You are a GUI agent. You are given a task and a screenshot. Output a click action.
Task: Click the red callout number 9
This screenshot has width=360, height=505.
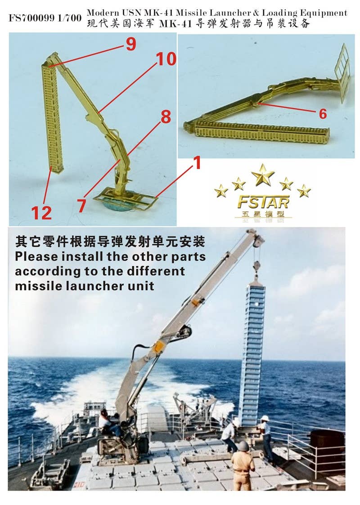[x=130, y=44]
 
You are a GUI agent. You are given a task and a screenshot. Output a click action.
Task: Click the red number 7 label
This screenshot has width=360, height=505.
[x=81, y=206]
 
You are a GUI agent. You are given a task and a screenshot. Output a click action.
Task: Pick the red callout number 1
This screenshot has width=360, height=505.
[x=196, y=163]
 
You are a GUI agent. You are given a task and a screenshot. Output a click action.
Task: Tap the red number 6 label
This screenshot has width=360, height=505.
[x=322, y=114]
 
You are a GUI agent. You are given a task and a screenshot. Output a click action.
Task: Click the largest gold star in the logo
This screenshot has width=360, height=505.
[x=263, y=174]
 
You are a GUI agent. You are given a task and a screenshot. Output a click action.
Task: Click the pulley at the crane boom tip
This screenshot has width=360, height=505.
[x=258, y=241]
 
